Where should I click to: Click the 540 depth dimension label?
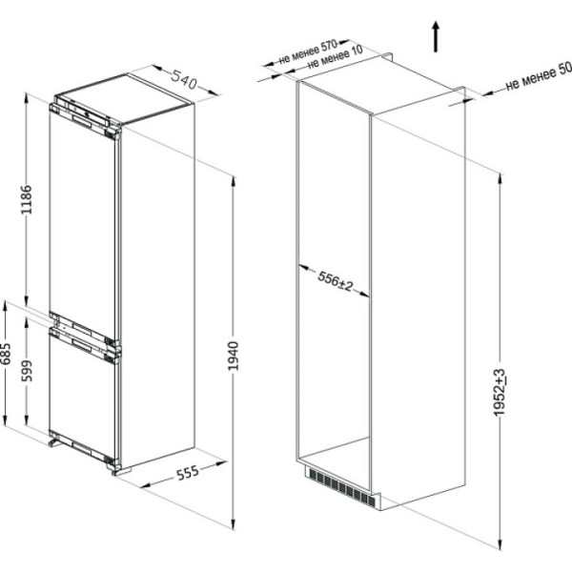tap(184, 79)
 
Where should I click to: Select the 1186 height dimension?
tap(27, 199)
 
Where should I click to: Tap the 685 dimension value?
tap(5, 354)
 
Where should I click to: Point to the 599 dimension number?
tap(27, 371)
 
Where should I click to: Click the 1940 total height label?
tap(233, 356)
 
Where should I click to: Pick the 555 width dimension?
tap(188, 473)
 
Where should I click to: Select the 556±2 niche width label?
tap(336, 281)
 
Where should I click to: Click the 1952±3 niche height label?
tap(499, 392)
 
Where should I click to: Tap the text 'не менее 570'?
tap(308, 51)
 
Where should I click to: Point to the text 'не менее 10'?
tap(335, 58)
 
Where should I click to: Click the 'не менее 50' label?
tap(539, 78)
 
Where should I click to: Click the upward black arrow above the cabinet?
tap(436, 36)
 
